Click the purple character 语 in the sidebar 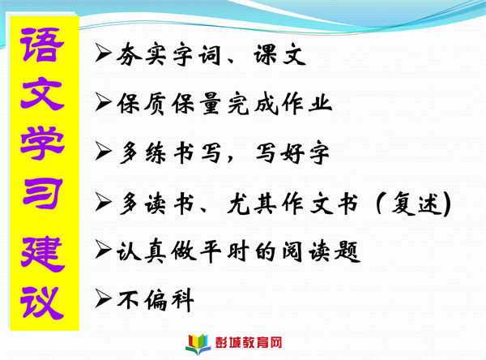(42, 45)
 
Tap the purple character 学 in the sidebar (42, 144)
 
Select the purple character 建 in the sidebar (43, 254)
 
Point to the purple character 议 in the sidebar (42, 302)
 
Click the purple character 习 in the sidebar (43, 193)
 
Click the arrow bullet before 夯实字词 (103, 52)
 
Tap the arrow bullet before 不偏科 (103, 298)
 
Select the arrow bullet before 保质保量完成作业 (103, 101)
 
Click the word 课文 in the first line (280, 54)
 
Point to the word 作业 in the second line (307, 103)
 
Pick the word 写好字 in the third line (292, 152)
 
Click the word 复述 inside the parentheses (416, 204)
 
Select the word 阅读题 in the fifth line (321, 251)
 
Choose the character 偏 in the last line (156, 300)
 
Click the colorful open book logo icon (198, 344)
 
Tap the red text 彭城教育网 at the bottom (249, 343)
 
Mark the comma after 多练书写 (230, 159)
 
